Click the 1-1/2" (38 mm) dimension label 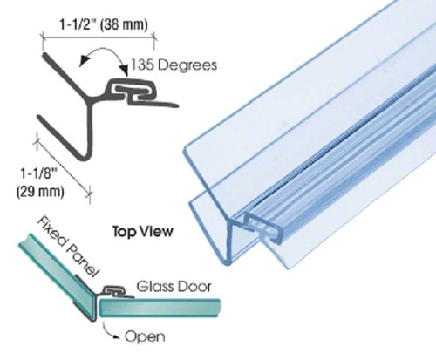[x=104, y=24]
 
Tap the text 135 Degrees [x=174, y=65]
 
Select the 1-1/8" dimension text [x=37, y=173]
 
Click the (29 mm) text [x=40, y=192]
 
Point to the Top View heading [x=143, y=232]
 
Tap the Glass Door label [x=174, y=287]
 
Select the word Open [x=145, y=336]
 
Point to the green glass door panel [x=160, y=308]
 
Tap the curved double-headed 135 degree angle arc [x=104, y=52]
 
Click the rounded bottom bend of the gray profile [x=85, y=156]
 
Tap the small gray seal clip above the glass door [x=115, y=291]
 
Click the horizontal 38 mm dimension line [x=99, y=37]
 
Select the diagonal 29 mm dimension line [x=63, y=166]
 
